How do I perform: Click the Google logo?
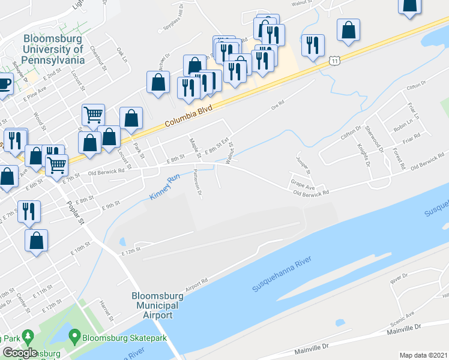[20, 353]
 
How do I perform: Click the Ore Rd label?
[277, 106]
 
